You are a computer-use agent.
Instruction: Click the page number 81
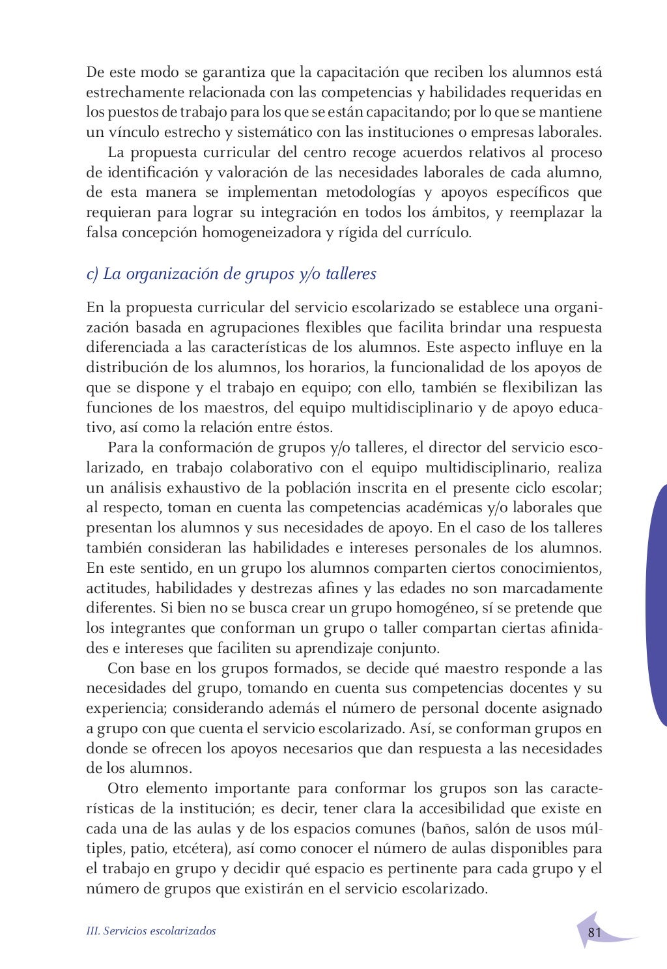click(594, 932)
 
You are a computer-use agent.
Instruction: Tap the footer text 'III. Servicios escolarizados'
click(151, 931)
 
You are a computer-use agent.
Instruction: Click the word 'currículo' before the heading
click(438, 233)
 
